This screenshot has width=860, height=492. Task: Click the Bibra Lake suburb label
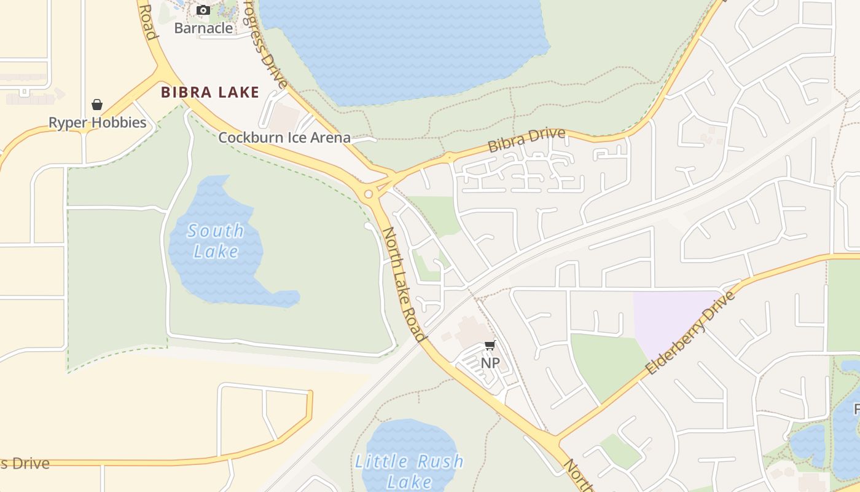[x=210, y=93]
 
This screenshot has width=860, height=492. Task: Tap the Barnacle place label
[x=203, y=28]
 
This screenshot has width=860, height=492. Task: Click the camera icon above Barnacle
[x=203, y=10]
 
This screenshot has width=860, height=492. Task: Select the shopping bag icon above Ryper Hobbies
[x=97, y=104]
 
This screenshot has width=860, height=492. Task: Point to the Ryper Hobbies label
[x=98, y=122]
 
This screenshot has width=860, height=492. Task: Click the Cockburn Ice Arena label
[x=284, y=137]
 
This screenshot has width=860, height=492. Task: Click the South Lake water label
[x=216, y=240]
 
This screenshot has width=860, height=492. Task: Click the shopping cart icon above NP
[x=490, y=346]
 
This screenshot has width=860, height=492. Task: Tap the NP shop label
[x=490, y=363]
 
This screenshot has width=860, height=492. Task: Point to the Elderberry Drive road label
[x=690, y=333]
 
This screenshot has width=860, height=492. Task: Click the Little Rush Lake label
[x=410, y=470]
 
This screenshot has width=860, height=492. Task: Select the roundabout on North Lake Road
[x=369, y=194]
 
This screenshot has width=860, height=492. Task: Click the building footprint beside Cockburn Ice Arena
[x=284, y=117]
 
